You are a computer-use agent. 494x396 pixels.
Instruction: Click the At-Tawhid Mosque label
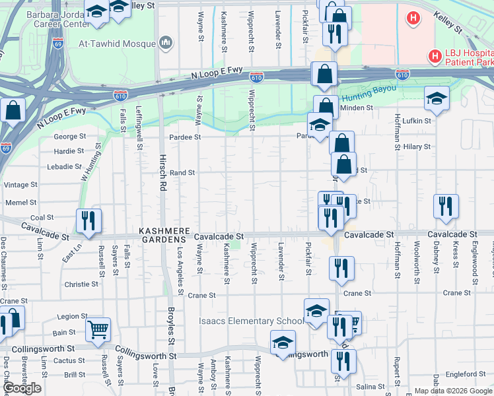[118, 44]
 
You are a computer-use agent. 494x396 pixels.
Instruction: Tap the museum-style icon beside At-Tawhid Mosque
[166, 44]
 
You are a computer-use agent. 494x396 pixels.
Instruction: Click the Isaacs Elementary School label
[252, 321]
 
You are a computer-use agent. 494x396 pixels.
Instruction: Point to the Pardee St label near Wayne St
[185, 137]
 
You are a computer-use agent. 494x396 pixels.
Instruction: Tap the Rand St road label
[182, 172]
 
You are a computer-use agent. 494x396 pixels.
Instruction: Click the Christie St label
[82, 284]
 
